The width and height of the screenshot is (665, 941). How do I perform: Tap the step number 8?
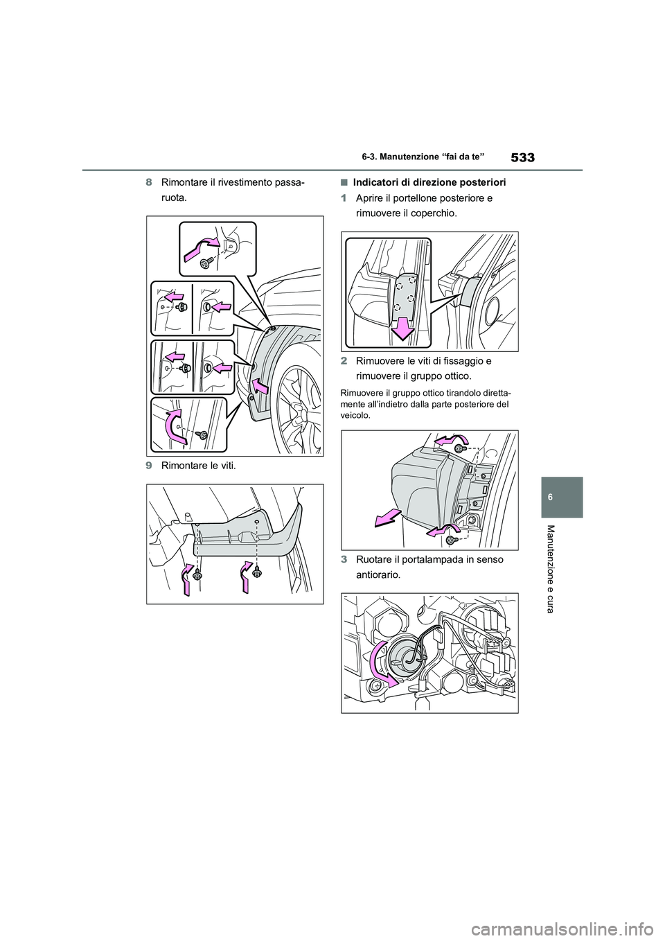pos(149,182)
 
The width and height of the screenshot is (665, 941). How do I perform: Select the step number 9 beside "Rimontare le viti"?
pos(149,466)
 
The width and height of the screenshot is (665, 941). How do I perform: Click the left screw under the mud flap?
pos(197,574)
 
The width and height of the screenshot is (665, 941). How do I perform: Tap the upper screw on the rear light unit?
pos(459,448)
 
